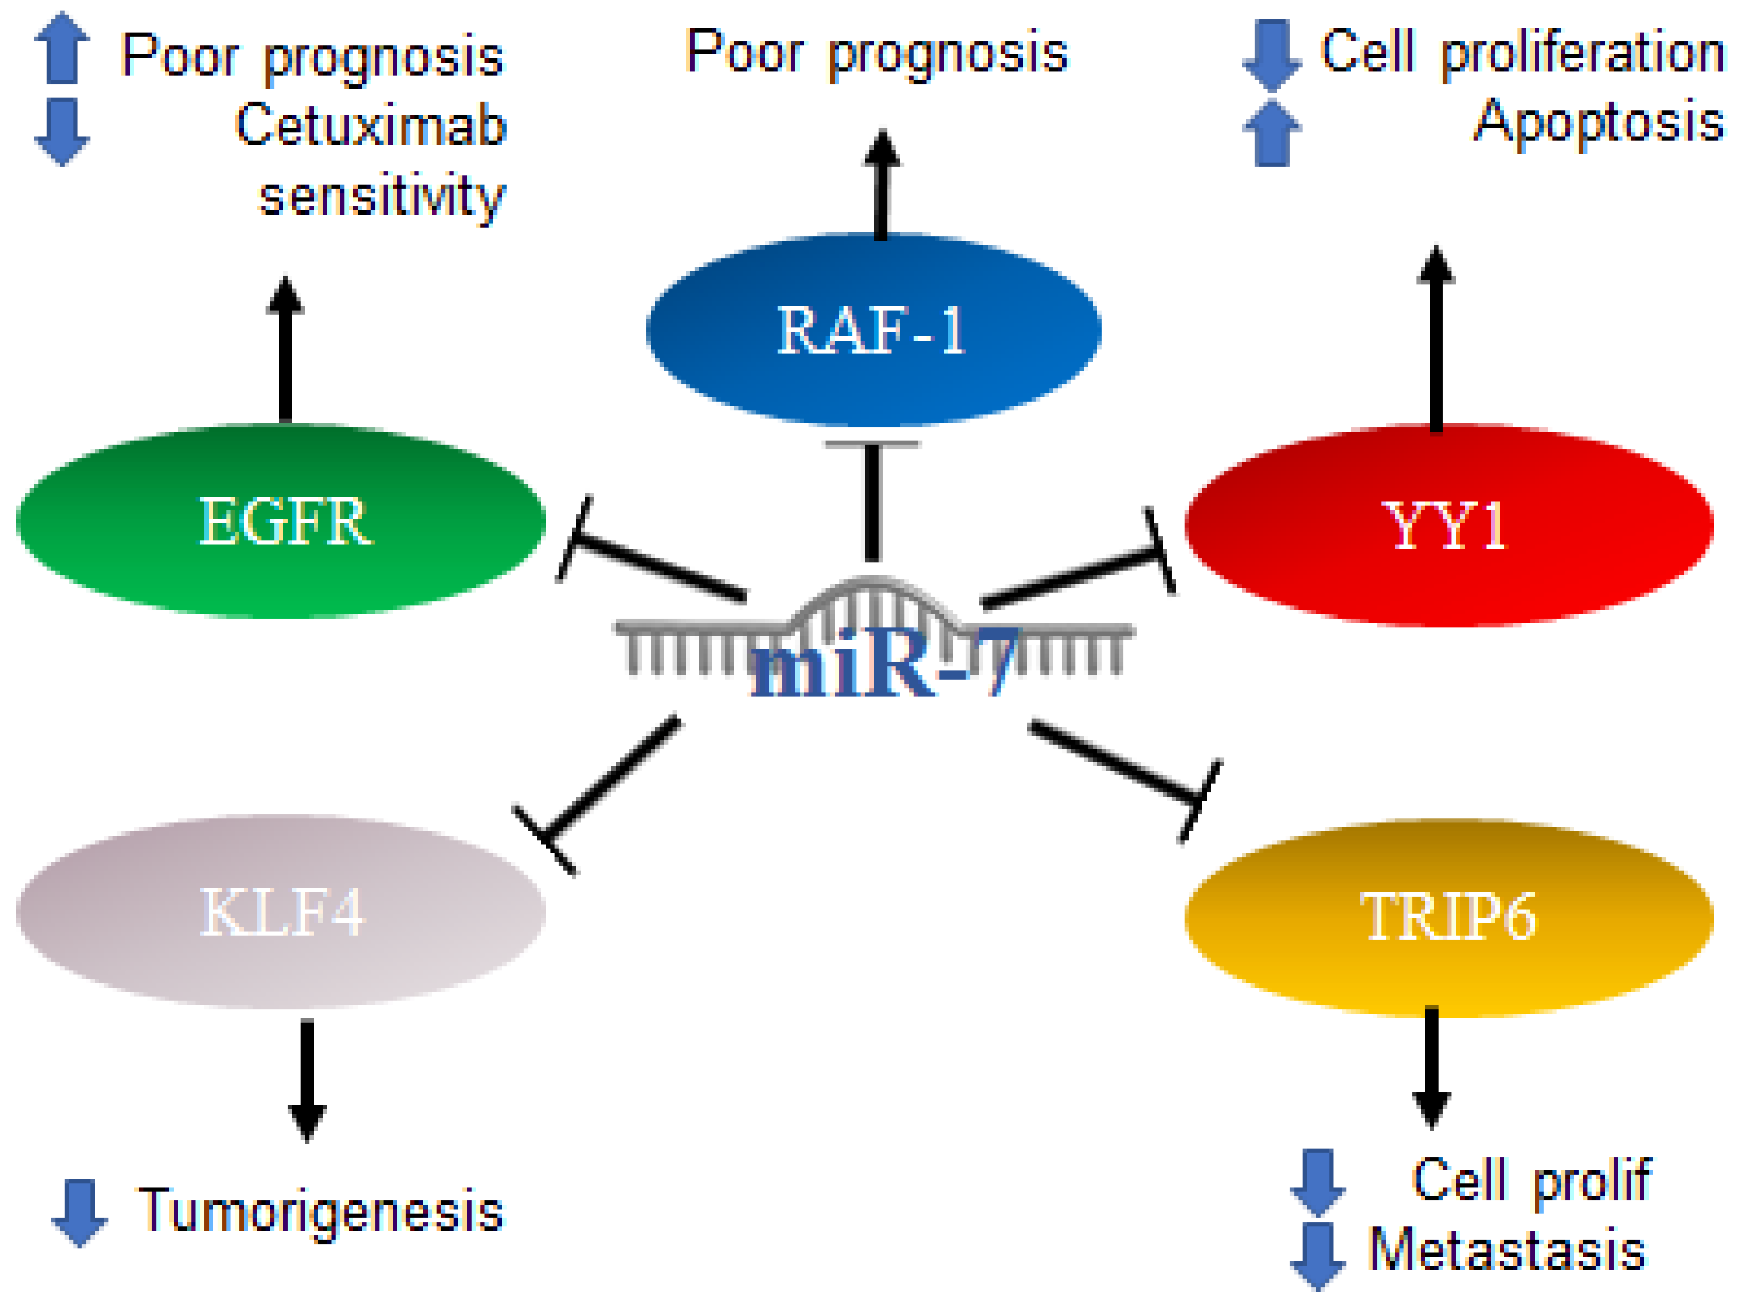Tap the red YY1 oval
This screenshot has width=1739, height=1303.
[1449, 525]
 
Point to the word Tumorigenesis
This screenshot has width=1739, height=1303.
[321, 1211]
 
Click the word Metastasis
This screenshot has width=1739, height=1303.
[1507, 1249]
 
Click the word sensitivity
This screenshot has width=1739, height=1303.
[382, 197]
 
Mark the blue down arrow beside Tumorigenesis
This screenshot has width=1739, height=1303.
[80, 1213]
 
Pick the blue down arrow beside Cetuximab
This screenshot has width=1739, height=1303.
[62, 132]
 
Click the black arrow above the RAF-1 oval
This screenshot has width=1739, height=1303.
[882, 184]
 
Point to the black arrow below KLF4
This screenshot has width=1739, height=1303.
[306, 1081]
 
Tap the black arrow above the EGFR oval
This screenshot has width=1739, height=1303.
[285, 349]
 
